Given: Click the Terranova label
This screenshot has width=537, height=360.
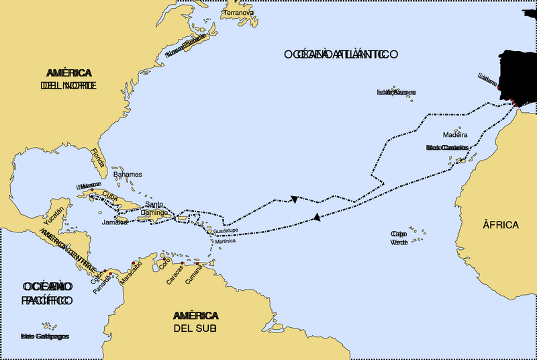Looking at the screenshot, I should coord(240,13).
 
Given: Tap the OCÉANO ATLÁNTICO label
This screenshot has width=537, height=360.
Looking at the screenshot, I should coord(341,54).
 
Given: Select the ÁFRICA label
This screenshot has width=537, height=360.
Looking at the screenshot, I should coord(500,224).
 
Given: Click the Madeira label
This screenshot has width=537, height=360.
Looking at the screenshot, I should coord(455,135).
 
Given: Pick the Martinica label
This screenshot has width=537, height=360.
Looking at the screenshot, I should coord(226,241).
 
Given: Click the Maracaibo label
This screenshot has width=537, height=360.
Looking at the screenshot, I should coord(132,275).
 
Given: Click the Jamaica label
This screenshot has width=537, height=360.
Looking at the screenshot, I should coord(115,222).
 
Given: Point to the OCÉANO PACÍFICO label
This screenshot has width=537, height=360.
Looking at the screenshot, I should coord(46,294).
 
